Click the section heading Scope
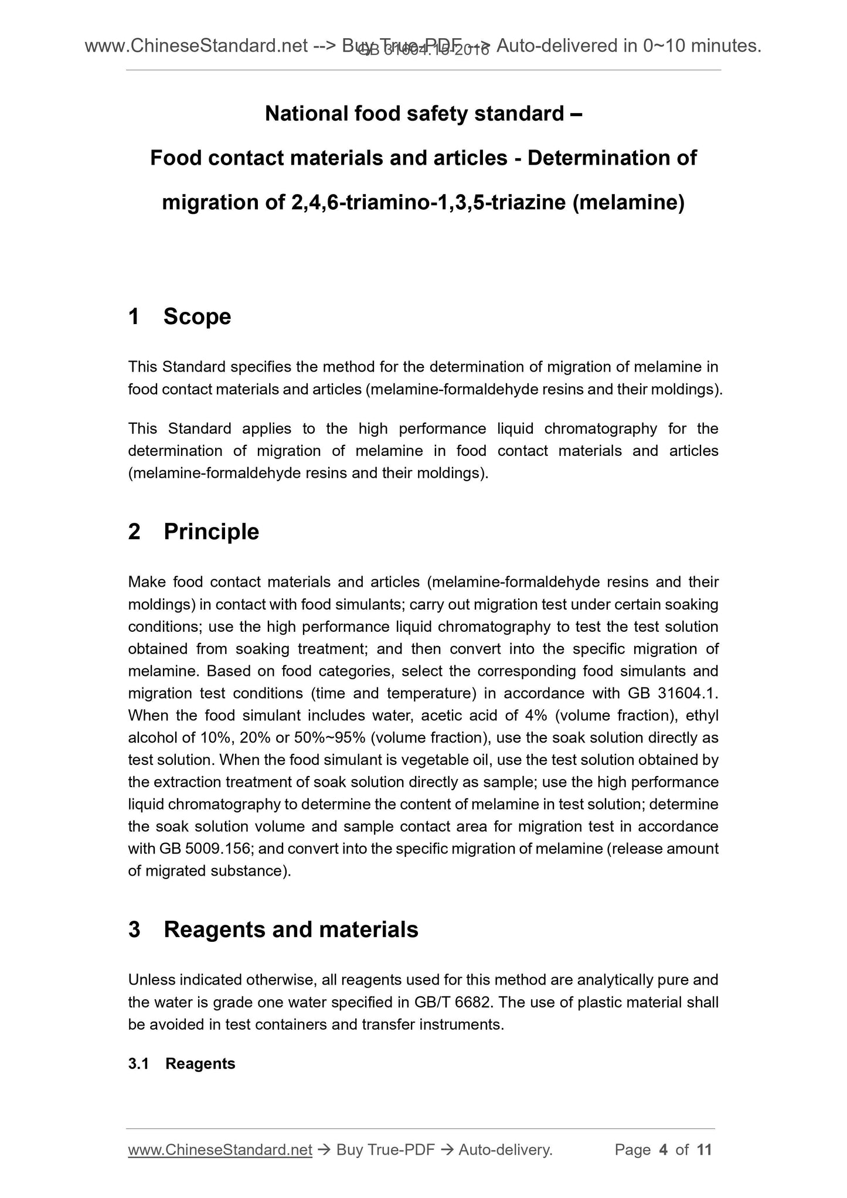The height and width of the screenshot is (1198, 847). coord(197,316)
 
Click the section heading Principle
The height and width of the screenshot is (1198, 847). coord(211,532)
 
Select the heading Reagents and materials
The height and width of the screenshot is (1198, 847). coord(291,930)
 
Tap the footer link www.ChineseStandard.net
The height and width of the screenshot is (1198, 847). coord(220,1150)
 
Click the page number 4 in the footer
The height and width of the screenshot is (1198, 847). coord(664,1150)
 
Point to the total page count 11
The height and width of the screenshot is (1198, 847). coord(704,1150)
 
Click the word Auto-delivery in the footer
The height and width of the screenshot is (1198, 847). coord(505,1150)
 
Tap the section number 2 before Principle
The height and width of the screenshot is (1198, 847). coord(134,532)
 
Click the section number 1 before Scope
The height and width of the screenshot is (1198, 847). coord(134,316)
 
